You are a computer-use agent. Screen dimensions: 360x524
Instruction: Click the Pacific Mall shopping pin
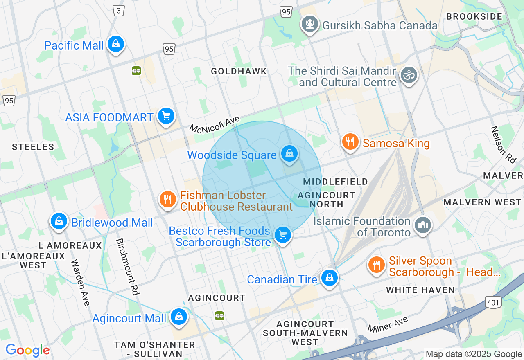click(x=116, y=44)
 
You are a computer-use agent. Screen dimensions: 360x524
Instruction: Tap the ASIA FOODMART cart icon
click(x=166, y=116)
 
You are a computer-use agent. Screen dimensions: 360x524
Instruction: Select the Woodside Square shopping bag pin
click(x=289, y=154)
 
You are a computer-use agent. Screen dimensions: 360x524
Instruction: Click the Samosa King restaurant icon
click(x=350, y=142)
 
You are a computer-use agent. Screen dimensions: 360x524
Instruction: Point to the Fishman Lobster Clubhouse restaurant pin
click(x=167, y=199)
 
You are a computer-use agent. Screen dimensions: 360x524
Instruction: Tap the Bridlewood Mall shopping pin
click(x=59, y=221)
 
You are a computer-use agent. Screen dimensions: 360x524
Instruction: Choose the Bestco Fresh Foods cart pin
click(x=282, y=235)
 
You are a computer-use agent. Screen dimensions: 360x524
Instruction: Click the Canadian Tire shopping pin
click(x=329, y=278)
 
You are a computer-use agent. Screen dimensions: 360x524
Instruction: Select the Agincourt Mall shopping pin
click(x=178, y=317)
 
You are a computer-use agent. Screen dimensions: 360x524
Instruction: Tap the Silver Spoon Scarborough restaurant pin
click(x=376, y=264)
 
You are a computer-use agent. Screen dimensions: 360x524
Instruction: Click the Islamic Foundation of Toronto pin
click(x=423, y=224)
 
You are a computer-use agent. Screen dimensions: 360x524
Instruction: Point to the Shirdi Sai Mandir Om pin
click(x=408, y=75)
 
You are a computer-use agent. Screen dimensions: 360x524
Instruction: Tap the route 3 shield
click(x=119, y=11)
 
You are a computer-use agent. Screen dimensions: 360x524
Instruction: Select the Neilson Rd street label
click(x=504, y=144)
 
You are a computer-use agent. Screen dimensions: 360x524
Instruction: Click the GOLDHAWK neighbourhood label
click(x=239, y=71)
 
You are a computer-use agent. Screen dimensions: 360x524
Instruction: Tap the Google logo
click(x=27, y=350)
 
